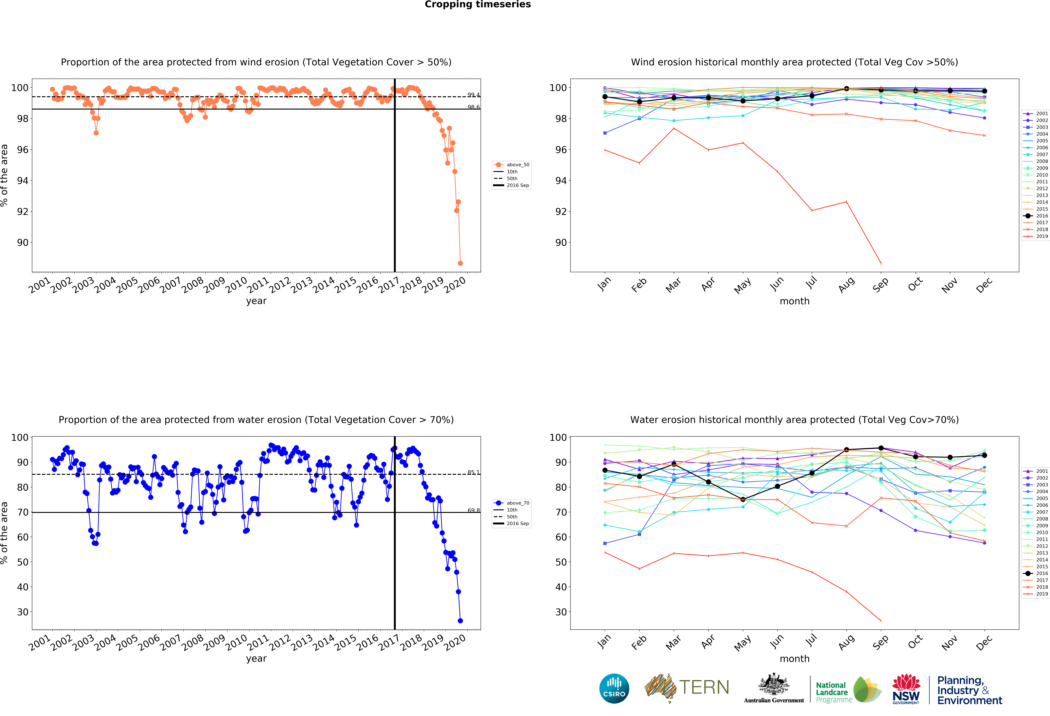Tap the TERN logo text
pyautogui.click(x=704, y=688)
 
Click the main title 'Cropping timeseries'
pyautogui.click(x=478, y=4)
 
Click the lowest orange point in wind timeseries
pyautogui.click(x=460, y=263)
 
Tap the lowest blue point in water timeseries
pyautogui.click(x=460, y=621)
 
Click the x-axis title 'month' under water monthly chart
pyautogui.click(x=794, y=659)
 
